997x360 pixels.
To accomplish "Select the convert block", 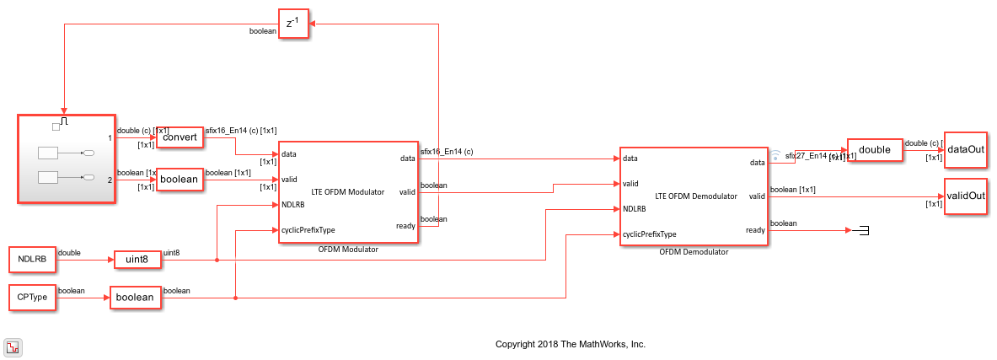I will pyautogui.click(x=180, y=137).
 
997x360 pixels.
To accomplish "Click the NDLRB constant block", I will pyautogui.click(x=32, y=260).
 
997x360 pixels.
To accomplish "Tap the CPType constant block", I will pyautogui.click(x=31, y=297).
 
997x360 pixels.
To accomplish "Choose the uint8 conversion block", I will pyautogui.click(x=137, y=260).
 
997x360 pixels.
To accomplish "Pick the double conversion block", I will pyautogui.click(x=874, y=150).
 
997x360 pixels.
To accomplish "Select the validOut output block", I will pyautogui.click(x=965, y=196).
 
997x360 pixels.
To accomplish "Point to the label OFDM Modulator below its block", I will pyautogui.click(x=348, y=250).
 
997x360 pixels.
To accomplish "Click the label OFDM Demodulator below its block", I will pyautogui.click(x=694, y=251).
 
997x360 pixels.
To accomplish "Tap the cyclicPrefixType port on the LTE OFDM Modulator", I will pyautogui.click(x=309, y=229).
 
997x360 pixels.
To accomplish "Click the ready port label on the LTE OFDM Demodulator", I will pyautogui.click(x=755, y=230).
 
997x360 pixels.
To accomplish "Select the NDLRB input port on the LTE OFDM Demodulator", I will pyautogui.click(x=635, y=208).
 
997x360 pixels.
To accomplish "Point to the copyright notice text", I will pyautogui.click(x=570, y=344).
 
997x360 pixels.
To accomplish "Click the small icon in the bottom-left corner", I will pyautogui.click(x=13, y=347).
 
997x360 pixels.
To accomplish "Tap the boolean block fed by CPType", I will pyautogui.click(x=135, y=297).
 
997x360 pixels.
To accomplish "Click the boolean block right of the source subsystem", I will pyautogui.click(x=180, y=180).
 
